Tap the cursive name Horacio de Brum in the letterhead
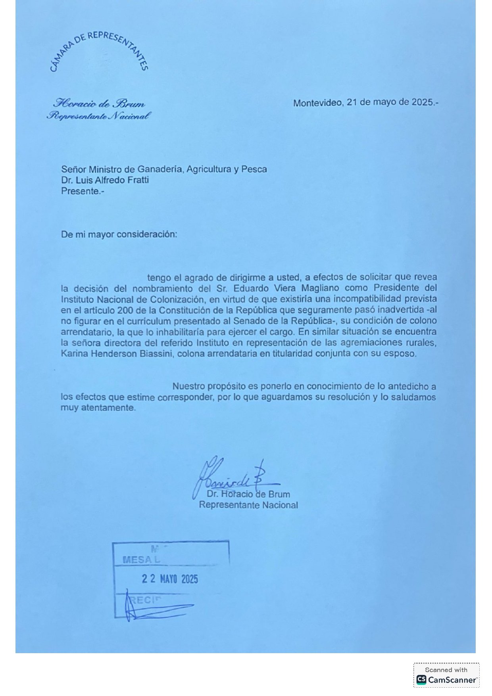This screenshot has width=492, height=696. click(x=99, y=104)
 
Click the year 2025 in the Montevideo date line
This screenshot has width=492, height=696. click(x=422, y=102)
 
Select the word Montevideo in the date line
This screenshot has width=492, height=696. click(x=317, y=103)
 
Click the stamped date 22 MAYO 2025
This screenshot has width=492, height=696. click(x=170, y=579)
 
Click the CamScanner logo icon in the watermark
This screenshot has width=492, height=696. click(x=421, y=679)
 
